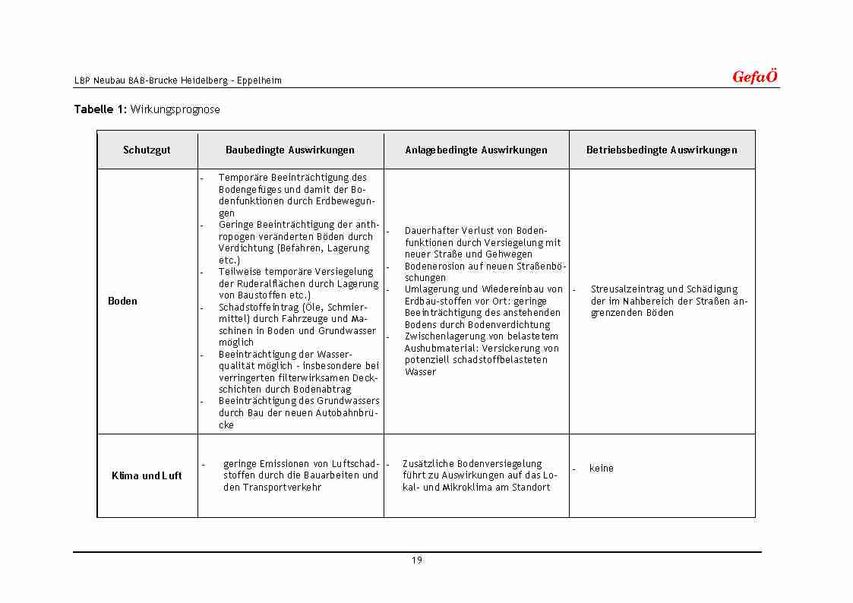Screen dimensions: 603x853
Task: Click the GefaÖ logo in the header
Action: tap(754, 77)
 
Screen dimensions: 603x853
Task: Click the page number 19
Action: tap(417, 560)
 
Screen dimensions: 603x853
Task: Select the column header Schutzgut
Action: tap(147, 150)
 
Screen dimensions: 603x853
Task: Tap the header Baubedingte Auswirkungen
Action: tap(290, 150)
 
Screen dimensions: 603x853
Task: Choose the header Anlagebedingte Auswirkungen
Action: tap(476, 150)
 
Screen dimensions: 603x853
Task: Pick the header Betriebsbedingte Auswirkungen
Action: tap(662, 150)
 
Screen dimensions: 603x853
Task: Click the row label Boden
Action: tap(122, 301)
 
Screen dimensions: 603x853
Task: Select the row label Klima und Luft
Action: tap(147, 476)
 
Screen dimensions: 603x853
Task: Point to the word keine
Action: tap(601, 469)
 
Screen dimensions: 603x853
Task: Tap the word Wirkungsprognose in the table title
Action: tap(175, 109)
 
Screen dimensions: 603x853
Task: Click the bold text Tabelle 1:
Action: tap(100, 109)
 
